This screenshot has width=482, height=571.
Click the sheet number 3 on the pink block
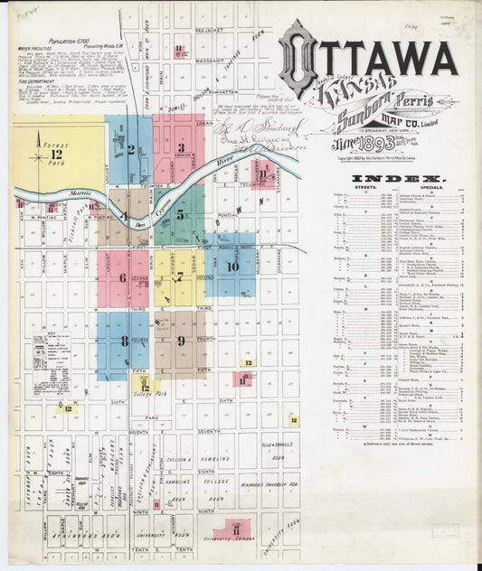click(181, 148)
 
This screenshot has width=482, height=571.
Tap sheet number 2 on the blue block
click(132, 149)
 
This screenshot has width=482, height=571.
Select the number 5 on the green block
click(181, 214)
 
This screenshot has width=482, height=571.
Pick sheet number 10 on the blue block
click(232, 267)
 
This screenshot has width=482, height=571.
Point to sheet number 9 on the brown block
click(181, 341)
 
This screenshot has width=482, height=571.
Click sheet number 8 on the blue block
click(124, 341)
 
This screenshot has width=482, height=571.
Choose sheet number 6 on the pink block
click(123, 277)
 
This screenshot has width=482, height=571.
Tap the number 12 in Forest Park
click(40, 155)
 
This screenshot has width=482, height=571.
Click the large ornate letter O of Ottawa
click(298, 58)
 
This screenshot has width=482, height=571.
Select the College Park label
click(148, 394)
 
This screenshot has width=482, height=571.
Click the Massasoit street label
click(209, 60)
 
